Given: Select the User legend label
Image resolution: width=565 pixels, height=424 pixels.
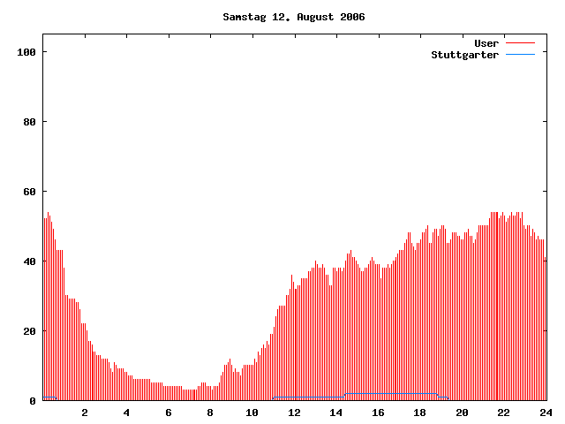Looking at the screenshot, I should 486,43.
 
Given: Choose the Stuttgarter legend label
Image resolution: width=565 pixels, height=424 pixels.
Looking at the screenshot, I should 464,55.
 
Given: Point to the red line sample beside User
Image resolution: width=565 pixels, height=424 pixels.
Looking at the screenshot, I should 521,43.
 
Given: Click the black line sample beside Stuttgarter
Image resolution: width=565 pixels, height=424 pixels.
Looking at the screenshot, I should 521,55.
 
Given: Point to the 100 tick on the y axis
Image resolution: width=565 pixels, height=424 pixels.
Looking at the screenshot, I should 26,52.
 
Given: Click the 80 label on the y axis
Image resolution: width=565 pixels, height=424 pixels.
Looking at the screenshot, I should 29,122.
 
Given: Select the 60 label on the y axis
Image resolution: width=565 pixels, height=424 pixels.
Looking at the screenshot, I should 29,192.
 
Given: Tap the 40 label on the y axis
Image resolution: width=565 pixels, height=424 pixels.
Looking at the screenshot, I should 29,261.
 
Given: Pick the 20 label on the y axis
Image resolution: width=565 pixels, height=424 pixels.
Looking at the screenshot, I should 29,331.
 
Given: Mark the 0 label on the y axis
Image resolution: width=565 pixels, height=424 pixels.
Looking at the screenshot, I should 33,401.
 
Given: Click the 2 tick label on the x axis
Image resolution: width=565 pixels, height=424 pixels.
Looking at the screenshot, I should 85,413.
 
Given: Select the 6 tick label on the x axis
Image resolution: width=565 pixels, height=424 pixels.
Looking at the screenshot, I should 169,413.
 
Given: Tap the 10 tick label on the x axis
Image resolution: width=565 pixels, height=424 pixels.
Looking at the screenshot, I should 252,413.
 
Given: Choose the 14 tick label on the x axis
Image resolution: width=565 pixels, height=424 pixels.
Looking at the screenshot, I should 335,413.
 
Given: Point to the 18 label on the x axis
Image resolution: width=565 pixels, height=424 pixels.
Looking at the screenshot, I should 419,413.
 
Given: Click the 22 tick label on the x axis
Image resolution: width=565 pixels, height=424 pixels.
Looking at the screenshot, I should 503,413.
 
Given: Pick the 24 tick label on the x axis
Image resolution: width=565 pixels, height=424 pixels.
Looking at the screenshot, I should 545,413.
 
